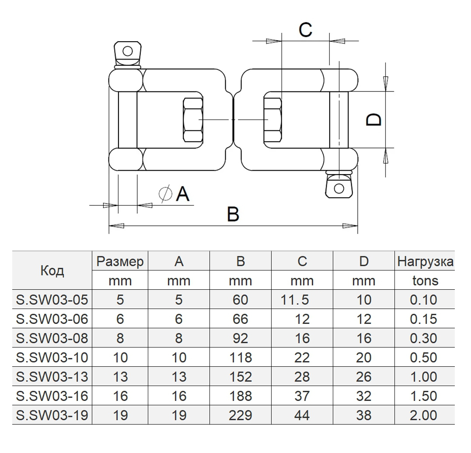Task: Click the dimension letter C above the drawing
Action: pyautogui.click(x=305, y=30)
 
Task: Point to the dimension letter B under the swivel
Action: pyautogui.click(x=233, y=214)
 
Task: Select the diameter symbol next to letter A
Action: pyautogui.click(x=166, y=193)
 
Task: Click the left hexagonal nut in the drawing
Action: pyautogui.click(x=192, y=119)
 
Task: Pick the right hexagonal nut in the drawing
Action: pyautogui.click(x=273, y=119)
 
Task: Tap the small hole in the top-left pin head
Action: pyautogui.click(x=127, y=51)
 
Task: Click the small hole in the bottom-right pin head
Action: pyautogui.click(x=338, y=189)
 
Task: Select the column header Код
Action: pyautogui.click(x=52, y=270)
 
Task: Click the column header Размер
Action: pyautogui.click(x=120, y=262)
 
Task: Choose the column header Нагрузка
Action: pyautogui.click(x=425, y=262)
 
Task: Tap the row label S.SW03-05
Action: pyautogui.click(x=52, y=300)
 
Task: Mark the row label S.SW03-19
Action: pyautogui.click(x=52, y=415)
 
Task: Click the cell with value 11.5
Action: pyautogui.click(x=296, y=300)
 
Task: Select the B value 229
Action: pyautogui.click(x=241, y=415)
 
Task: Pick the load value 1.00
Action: pyautogui.click(x=423, y=376)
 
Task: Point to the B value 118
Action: pyautogui.click(x=241, y=357)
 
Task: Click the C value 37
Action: pyautogui.click(x=302, y=396)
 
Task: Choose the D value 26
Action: pyautogui.click(x=364, y=376)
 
